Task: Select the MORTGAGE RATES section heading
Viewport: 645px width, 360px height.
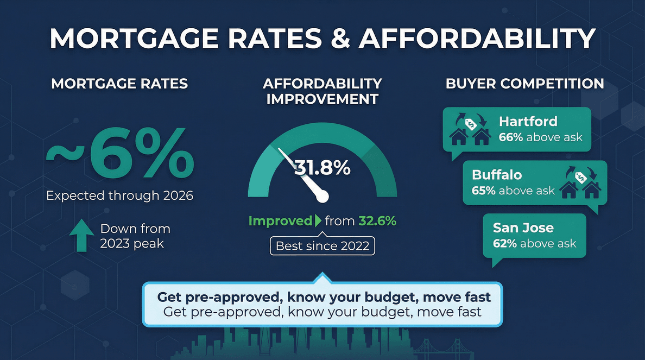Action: [119, 84]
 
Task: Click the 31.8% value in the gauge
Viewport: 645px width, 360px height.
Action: [322, 168]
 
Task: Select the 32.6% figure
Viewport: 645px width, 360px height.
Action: [377, 221]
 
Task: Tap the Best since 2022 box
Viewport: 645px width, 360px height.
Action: [322, 245]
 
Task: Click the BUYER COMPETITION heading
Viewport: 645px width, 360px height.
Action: [524, 84]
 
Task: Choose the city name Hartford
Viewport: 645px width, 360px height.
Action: [528, 121]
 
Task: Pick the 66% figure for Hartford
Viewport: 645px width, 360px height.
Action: [510, 137]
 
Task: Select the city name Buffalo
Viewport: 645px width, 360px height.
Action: [496, 175]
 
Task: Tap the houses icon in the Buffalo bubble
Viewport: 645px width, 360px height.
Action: [580, 184]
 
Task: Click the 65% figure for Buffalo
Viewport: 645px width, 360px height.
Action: [483, 191]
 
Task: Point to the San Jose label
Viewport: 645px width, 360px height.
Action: [523, 228]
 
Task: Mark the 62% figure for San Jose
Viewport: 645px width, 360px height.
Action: [504, 244]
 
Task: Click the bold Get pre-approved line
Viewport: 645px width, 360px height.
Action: [324, 297]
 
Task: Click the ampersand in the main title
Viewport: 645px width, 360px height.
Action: [338, 40]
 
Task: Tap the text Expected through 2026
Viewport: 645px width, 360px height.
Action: [119, 195]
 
